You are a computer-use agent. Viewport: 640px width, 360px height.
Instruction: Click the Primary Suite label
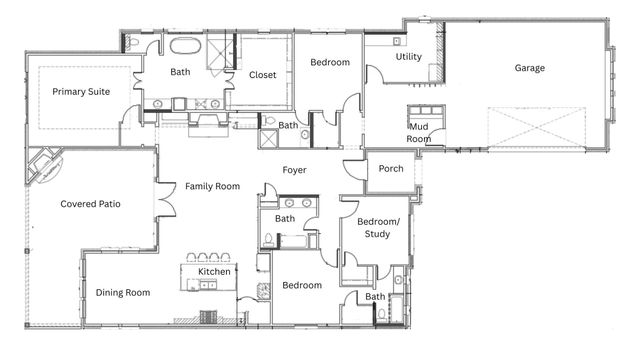pyautogui.click(x=81, y=91)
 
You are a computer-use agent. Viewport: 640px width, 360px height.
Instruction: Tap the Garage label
pyautogui.click(x=529, y=69)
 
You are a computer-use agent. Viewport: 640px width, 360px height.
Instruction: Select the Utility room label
pyautogui.click(x=408, y=57)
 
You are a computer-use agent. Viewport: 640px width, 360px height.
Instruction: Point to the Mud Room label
pyautogui.click(x=419, y=133)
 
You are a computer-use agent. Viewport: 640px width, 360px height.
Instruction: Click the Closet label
pyautogui.click(x=262, y=74)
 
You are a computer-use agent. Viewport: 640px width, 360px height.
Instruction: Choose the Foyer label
pyautogui.click(x=294, y=170)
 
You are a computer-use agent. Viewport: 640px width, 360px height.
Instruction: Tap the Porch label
pyautogui.click(x=391, y=168)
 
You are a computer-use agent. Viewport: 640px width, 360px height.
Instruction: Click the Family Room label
pyautogui.click(x=212, y=186)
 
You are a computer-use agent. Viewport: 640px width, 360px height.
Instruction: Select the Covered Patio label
pyautogui.click(x=90, y=204)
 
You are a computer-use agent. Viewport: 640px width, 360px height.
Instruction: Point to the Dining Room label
pyautogui.click(x=122, y=293)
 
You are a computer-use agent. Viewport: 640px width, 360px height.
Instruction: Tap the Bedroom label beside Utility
pyautogui.click(x=330, y=63)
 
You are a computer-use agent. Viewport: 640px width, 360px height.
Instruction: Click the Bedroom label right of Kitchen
pyautogui.click(x=301, y=285)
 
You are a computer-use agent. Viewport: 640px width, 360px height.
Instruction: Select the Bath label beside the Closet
pyautogui.click(x=180, y=71)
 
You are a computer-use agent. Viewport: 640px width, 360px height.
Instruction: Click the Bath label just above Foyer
pyautogui.click(x=288, y=125)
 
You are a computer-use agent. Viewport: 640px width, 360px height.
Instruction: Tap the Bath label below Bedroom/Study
pyautogui.click(x=375, y=297)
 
